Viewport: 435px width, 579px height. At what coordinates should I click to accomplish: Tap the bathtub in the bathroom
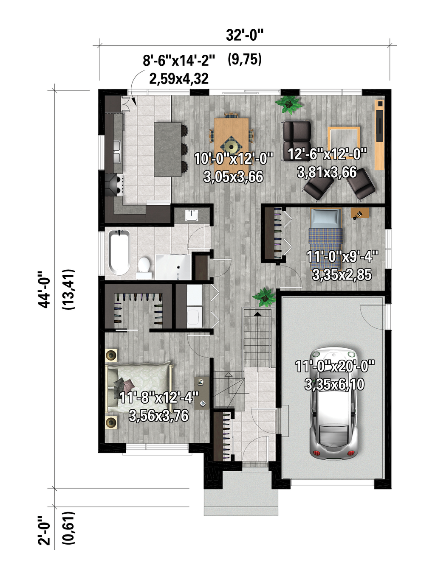119,252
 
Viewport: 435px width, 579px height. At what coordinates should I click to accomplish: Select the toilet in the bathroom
144,266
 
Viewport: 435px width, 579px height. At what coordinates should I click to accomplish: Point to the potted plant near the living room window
289,104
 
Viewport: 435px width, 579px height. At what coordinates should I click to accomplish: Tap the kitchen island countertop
168,149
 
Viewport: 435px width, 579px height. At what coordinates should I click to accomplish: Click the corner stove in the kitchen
115,185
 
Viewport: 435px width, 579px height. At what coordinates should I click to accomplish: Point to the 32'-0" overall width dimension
245,35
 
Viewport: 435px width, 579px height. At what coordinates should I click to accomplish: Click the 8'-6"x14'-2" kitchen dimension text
179,61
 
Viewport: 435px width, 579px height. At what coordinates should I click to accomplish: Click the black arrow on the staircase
257,314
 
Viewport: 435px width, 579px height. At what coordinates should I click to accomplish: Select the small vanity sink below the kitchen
192,215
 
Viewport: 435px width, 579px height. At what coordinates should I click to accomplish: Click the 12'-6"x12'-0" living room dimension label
327,154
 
